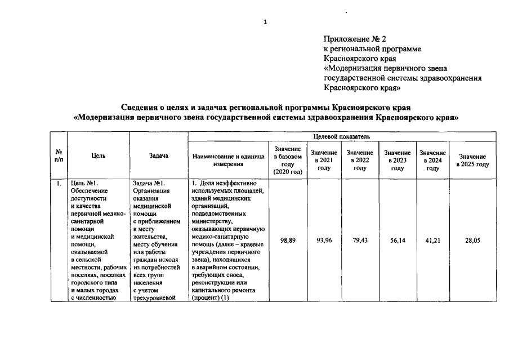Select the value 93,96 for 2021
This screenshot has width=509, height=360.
point(324,241)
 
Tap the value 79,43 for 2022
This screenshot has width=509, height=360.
point(360,241)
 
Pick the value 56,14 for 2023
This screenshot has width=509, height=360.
point(398,241)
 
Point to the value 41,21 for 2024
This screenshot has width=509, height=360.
point(432,241)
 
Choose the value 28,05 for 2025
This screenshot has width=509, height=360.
point(472,241)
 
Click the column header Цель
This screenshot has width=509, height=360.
point(98,156)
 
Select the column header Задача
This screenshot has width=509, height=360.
point(159,156)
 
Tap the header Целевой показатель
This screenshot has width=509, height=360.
point(341,136)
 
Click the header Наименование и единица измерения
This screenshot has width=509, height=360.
point(228,160)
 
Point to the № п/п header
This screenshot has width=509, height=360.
point(59,156)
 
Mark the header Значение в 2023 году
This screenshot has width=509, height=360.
point(398,160)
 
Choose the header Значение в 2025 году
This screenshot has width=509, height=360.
point(472,160)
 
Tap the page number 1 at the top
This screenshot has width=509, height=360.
point(265,22)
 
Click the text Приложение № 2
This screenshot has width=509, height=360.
point(347,39)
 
